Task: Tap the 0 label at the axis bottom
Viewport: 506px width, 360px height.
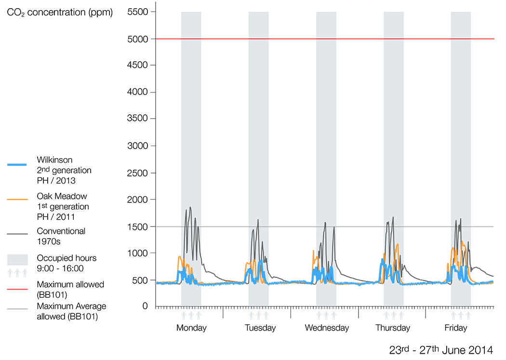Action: pyautogui.click(x=145, y=307)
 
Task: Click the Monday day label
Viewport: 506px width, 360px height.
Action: pyautogui.click(x=191, y=328)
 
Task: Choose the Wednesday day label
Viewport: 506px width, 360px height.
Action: pyautogui.click(x=327, y=328)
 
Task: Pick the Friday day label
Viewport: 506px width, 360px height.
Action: pyautogui.click(x=456, y=328)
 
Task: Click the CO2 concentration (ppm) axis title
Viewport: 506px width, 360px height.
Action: pyautogui.click(x=60, y=13)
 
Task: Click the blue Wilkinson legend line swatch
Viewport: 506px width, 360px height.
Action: pyautogui.click(x=20, y=165)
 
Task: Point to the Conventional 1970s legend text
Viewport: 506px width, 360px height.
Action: pyautogui.click(x=61, y=236)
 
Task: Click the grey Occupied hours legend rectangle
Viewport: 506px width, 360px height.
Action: pyautogui.click(x=17, y=260)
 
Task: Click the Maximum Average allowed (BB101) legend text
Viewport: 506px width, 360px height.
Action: pyautogui.click(x=71, y=311)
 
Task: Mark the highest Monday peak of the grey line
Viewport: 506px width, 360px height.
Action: pyautogui.click(x=190, y=207)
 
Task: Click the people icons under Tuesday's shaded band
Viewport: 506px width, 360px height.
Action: pyautogui.click(x=258, y=316)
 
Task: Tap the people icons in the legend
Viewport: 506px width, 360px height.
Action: pyautogui.click(x=17, y=273)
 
